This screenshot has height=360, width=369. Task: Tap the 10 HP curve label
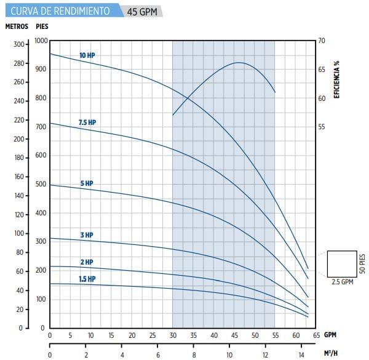pos(87,56)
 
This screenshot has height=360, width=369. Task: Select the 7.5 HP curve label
pos(87,123)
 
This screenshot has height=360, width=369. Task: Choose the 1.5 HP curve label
pos(87,279)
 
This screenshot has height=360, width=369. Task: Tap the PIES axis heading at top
pos(42,26)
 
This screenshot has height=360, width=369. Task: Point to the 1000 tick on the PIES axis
pos(41,41)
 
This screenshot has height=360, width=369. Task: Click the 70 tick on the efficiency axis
pos(321,41)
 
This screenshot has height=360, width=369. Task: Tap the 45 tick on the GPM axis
pos(234,335)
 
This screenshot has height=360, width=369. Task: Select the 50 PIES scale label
pos(363,262)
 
